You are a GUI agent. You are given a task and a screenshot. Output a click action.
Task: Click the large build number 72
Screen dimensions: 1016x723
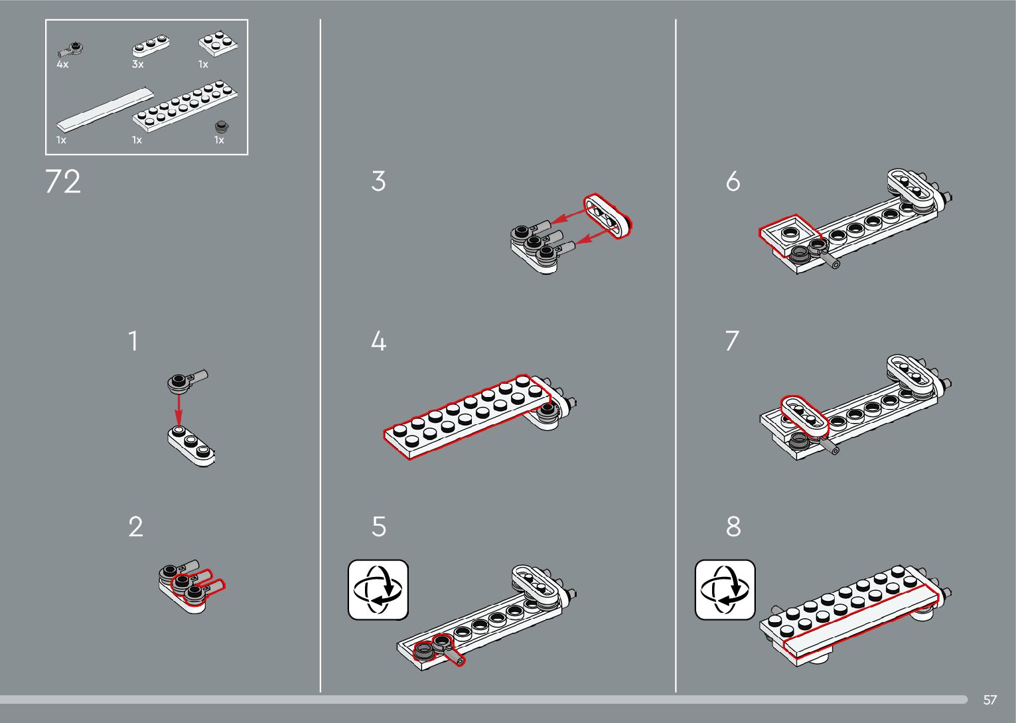coord(63,182)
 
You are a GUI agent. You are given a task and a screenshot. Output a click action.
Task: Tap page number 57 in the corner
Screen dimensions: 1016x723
coord(989,700)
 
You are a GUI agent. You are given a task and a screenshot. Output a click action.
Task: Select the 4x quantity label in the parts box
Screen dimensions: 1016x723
coord(62,64)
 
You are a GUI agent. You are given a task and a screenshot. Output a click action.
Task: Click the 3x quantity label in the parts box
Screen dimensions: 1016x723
coord(138,64)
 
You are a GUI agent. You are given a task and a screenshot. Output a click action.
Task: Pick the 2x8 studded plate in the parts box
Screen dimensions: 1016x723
coord(185,106)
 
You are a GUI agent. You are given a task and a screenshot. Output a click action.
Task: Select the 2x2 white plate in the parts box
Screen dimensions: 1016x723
coord(218,44)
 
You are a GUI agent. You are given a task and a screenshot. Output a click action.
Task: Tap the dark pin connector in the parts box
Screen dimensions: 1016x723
coord(70,49)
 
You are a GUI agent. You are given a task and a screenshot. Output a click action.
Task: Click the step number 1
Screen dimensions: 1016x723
coord(133,341)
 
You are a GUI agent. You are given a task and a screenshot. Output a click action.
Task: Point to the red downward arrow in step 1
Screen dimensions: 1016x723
coord(179,410)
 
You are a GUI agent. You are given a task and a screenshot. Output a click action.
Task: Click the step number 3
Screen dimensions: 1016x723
coord(378,181)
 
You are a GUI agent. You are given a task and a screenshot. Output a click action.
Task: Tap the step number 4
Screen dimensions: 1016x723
coord(378,341)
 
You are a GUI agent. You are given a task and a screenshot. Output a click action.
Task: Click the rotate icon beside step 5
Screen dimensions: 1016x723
coord(378,590)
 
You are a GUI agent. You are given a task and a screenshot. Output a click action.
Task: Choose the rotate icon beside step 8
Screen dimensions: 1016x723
coord(725,590)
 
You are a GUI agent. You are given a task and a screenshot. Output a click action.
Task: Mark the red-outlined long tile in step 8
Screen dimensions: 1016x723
coord(861,620)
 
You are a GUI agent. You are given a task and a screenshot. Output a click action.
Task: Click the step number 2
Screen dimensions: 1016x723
coord(135,527)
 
